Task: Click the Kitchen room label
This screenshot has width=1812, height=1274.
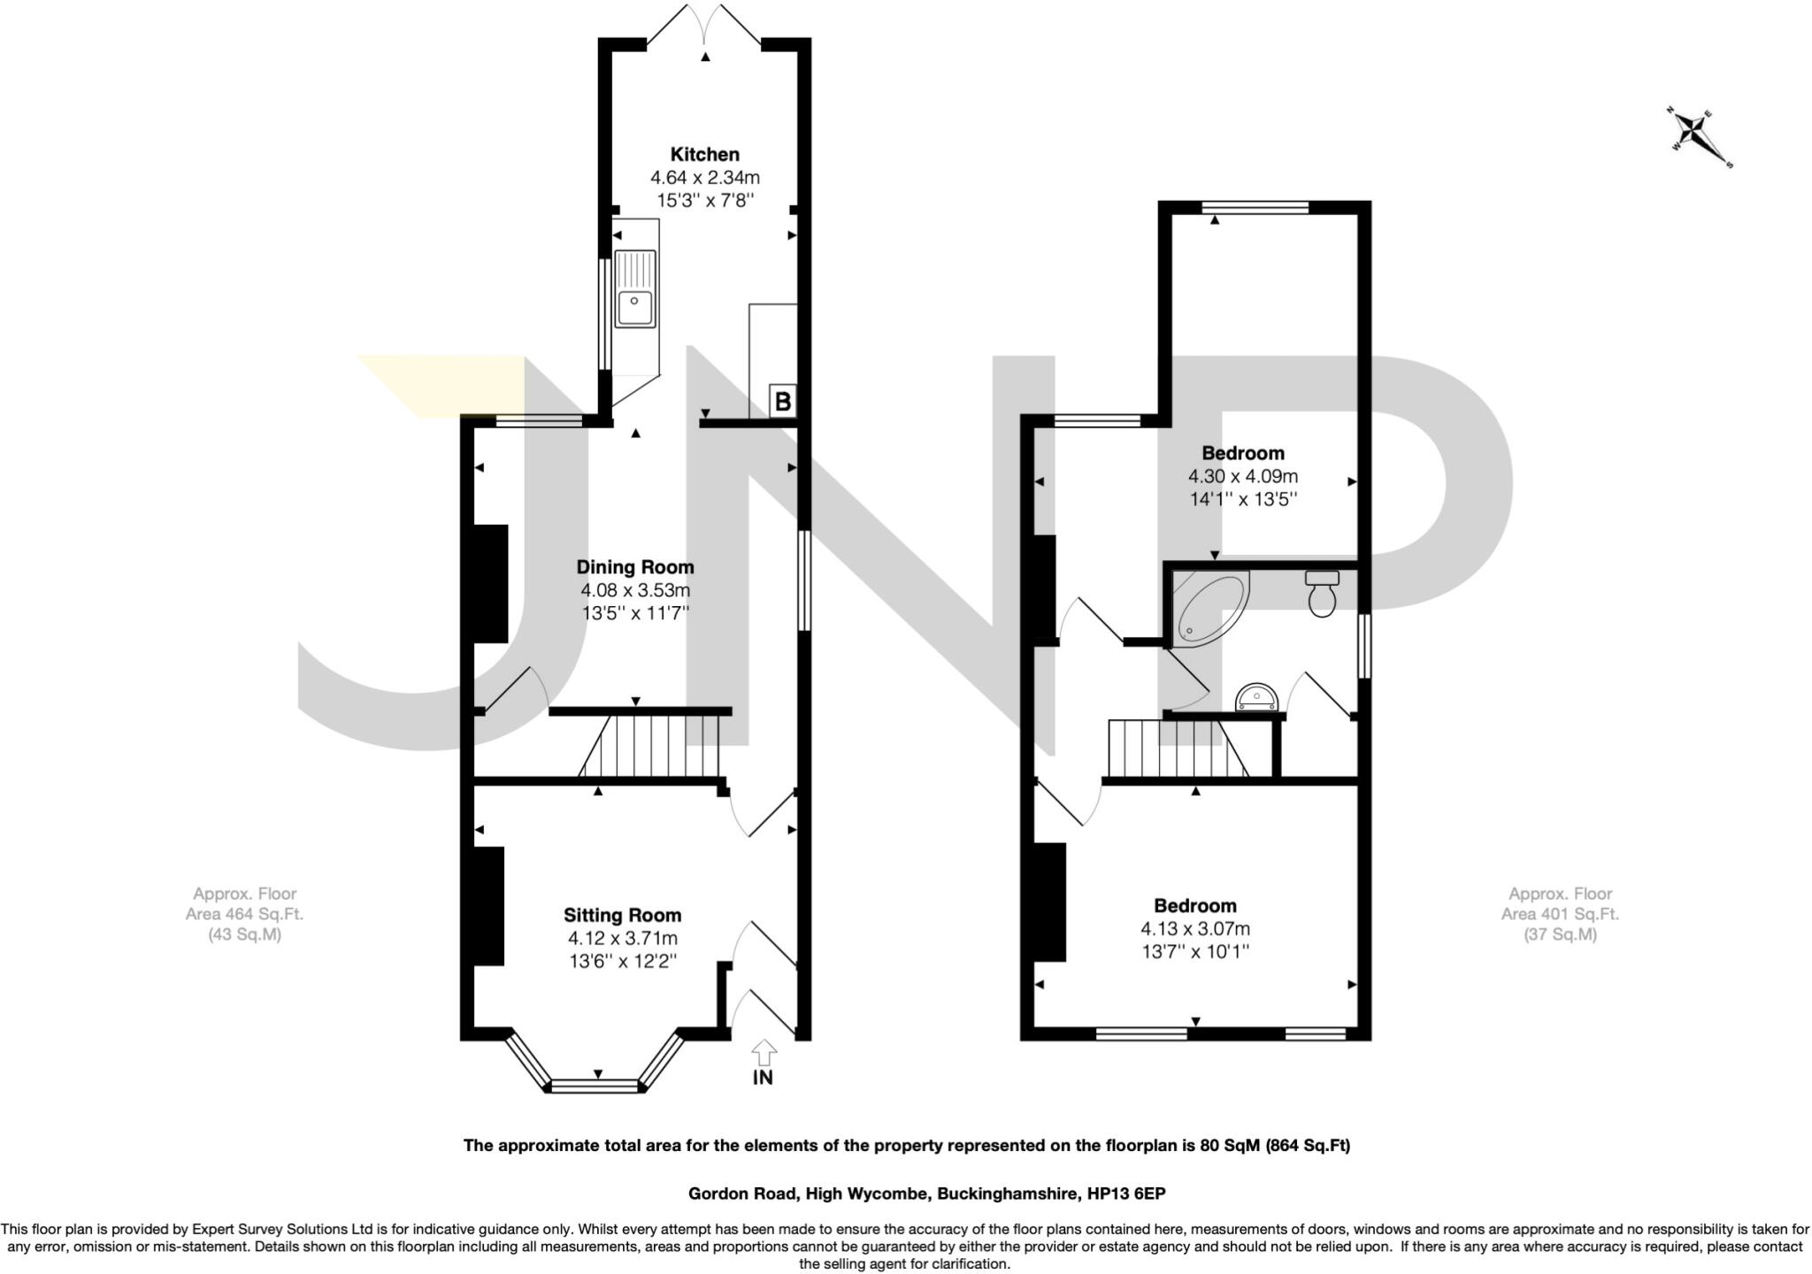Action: (x=704, y=154)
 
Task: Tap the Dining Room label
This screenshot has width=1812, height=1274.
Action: (x=634, y=567)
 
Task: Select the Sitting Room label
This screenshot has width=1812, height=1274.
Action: (x=622, y=915)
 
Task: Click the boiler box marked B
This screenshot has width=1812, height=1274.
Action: (x=782, y=402)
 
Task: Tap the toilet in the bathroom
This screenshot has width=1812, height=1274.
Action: (x=1322, y=594)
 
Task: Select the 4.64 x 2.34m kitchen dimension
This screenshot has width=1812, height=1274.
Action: (x=704, y=178)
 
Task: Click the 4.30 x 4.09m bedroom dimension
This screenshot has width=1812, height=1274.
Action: (x=1242, y=477)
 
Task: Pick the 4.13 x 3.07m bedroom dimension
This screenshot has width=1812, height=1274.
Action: (x=1194, y=929)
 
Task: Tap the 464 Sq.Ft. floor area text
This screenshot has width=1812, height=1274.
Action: (x=244, y=914)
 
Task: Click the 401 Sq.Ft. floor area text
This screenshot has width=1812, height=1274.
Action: (x=1560, y=914)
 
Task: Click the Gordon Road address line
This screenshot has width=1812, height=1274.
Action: (x=926, y=1193)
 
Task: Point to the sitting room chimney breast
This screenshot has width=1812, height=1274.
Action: (x=488, y=905)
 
